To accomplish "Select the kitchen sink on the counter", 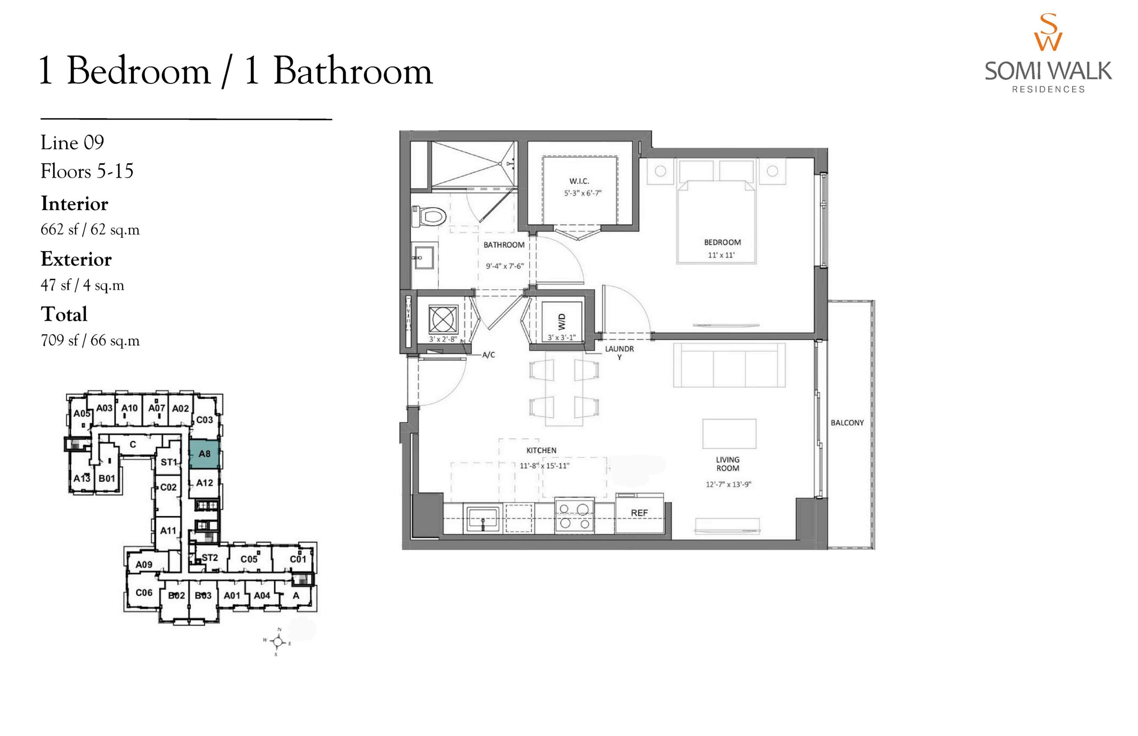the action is tap(483, 519).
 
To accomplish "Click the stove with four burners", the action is tap(574, 516).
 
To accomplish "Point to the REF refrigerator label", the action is tap(639, 513).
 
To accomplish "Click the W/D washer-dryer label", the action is tap(561, 322).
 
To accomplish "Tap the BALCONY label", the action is tap(847, 423).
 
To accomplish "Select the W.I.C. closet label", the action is tap(579, 181).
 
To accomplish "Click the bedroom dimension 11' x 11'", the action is tap(721, 255).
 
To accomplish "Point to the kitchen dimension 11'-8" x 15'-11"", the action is tap(545, 465).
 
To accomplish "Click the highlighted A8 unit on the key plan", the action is tap(204, 454).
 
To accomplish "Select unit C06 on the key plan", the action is tap(144, 592).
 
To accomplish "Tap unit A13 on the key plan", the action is tap(82, 478).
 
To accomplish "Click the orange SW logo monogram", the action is tap(1048, 32).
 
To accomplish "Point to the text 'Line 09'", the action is tap(72, 142).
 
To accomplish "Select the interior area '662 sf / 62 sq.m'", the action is tap(90, 230).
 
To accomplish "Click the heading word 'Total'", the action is tap(64, 314).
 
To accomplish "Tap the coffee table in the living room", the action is tap(729, 433).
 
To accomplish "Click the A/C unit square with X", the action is tap(443, 319).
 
